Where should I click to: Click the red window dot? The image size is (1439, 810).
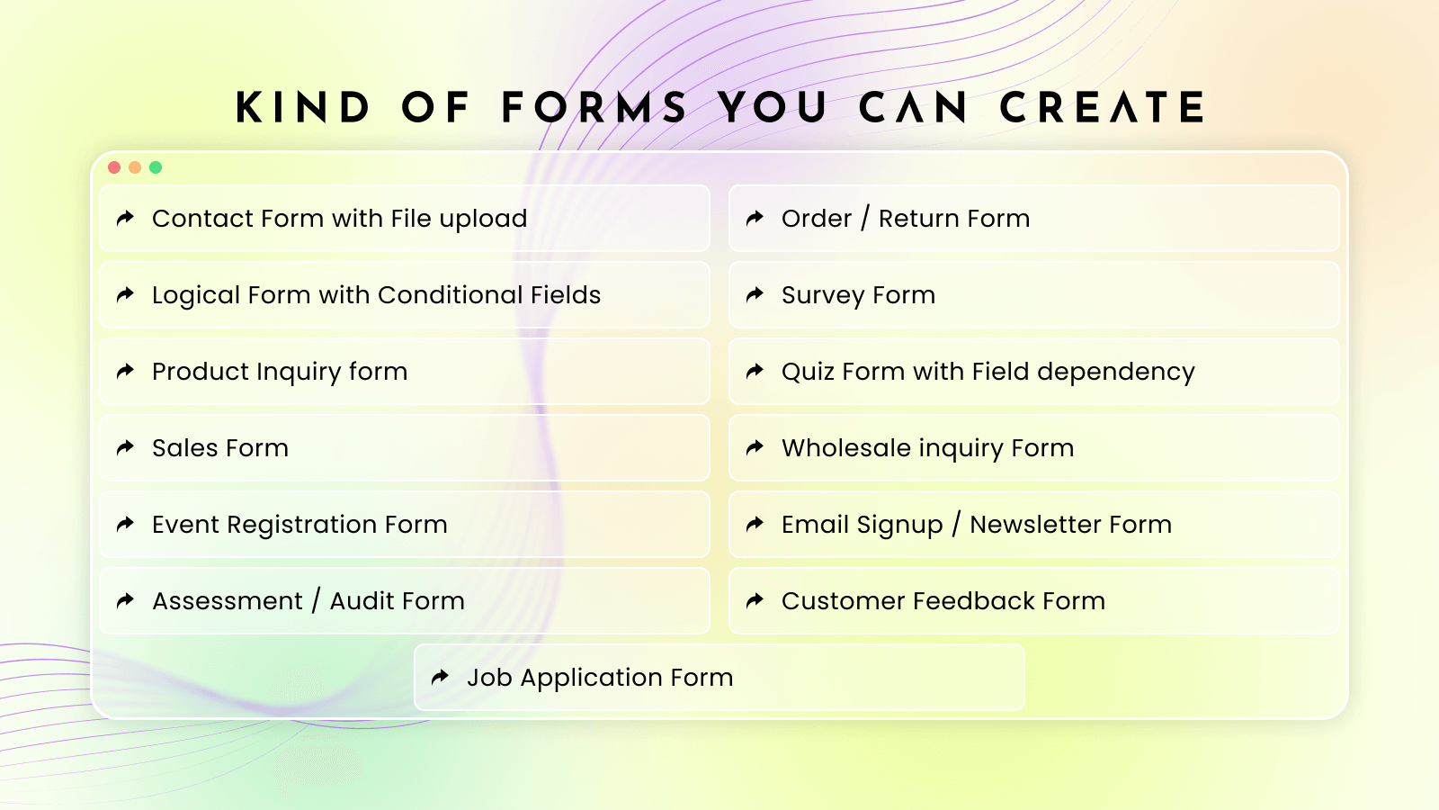tap(114, 167)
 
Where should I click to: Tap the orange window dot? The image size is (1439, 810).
tap(135, 167)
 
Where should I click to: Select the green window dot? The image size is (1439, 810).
tap(156, 167)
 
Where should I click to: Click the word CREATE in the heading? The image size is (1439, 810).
tap(1103, 108)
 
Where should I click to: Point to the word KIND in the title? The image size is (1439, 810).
tap(303, 108)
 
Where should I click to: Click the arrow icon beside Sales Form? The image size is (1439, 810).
tap(126, 447)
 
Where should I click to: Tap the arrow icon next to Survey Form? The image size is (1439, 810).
tap(755, 294)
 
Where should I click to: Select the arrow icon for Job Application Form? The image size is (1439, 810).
tap(441, 677)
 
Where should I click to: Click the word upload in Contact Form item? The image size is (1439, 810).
tap(483, 219)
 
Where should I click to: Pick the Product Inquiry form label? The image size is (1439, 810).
tap(280, 372)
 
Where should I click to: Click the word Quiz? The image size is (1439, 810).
tap(809, 372)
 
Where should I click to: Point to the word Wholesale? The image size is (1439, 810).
tap(845, 448)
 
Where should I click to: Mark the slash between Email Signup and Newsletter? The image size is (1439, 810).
tap(956, 524)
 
